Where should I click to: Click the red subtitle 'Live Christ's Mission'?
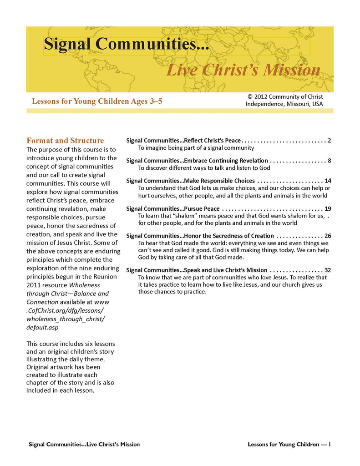(243, 70)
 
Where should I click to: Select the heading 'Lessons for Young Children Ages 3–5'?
(97, 101)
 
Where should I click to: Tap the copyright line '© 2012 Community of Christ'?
(285, 96)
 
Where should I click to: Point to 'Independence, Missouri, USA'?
(284, 104)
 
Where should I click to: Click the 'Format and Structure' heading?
(65, 141)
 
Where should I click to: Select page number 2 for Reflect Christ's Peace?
(329, 140)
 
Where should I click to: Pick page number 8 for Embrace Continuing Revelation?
(329, 160)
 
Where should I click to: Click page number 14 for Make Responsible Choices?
(328, 181)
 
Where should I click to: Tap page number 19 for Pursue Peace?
(328, 208)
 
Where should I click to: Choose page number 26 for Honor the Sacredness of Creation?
(328, 236)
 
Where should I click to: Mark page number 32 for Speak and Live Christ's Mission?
(328, 270)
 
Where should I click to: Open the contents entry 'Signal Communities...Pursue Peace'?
(172, 208)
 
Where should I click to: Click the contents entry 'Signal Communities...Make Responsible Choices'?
(190, 181)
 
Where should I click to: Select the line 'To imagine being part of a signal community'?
(196, 148)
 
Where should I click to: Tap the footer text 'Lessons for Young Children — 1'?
(289, 444)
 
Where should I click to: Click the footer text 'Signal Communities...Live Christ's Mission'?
(84, 444)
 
